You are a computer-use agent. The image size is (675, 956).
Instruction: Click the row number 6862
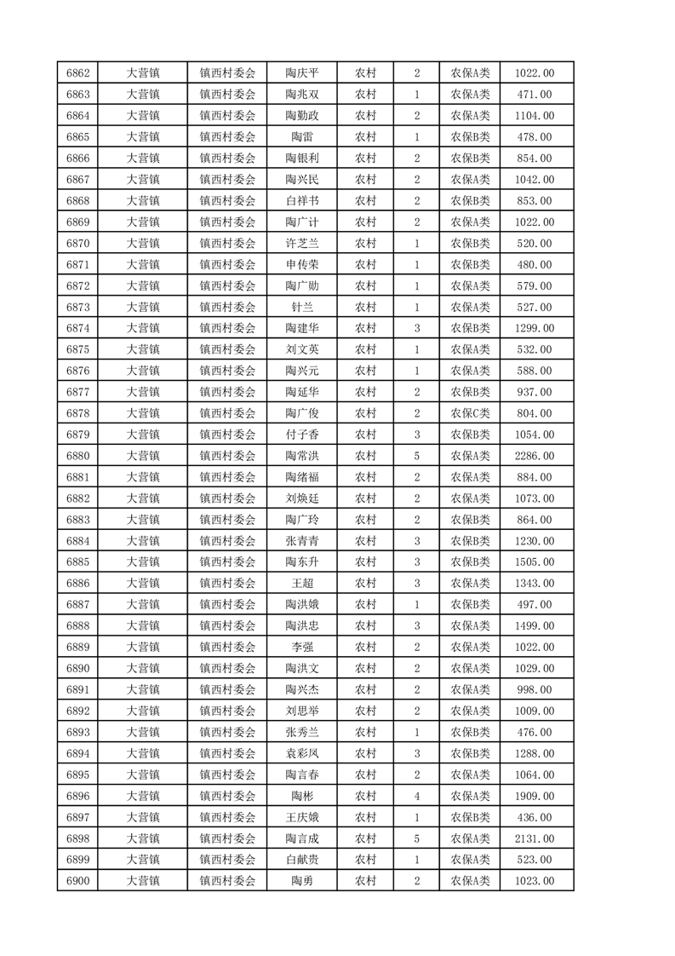(77, 73)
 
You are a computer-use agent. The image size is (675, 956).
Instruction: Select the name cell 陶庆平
(302, 73)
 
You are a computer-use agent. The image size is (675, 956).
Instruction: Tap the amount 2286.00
(535, 456)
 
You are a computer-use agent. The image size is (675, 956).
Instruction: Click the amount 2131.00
(535, 838)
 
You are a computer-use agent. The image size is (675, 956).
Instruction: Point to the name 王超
(302, 584)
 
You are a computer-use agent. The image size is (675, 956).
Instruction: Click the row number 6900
(77, 881)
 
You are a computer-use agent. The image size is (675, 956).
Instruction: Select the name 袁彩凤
(302, 753)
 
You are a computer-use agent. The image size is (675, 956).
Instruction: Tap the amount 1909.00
(535, 796)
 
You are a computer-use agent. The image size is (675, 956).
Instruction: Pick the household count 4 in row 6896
(416, 796)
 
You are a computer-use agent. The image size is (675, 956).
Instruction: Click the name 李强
(302, 647)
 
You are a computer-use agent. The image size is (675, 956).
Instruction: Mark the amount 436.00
(535, 817)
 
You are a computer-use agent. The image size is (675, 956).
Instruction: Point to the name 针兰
(302, 308)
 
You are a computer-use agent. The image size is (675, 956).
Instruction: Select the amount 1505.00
(535, 562)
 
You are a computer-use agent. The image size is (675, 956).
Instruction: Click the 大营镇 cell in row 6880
(143, 456)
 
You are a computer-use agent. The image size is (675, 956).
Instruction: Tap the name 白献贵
(302, 860)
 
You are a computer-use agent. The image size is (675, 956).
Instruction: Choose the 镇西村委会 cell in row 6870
(227, 244)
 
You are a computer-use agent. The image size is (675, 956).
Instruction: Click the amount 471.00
(535, 95)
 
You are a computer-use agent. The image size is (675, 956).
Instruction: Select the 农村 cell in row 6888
(365, 625)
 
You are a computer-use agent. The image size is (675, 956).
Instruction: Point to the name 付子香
(302, 435)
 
